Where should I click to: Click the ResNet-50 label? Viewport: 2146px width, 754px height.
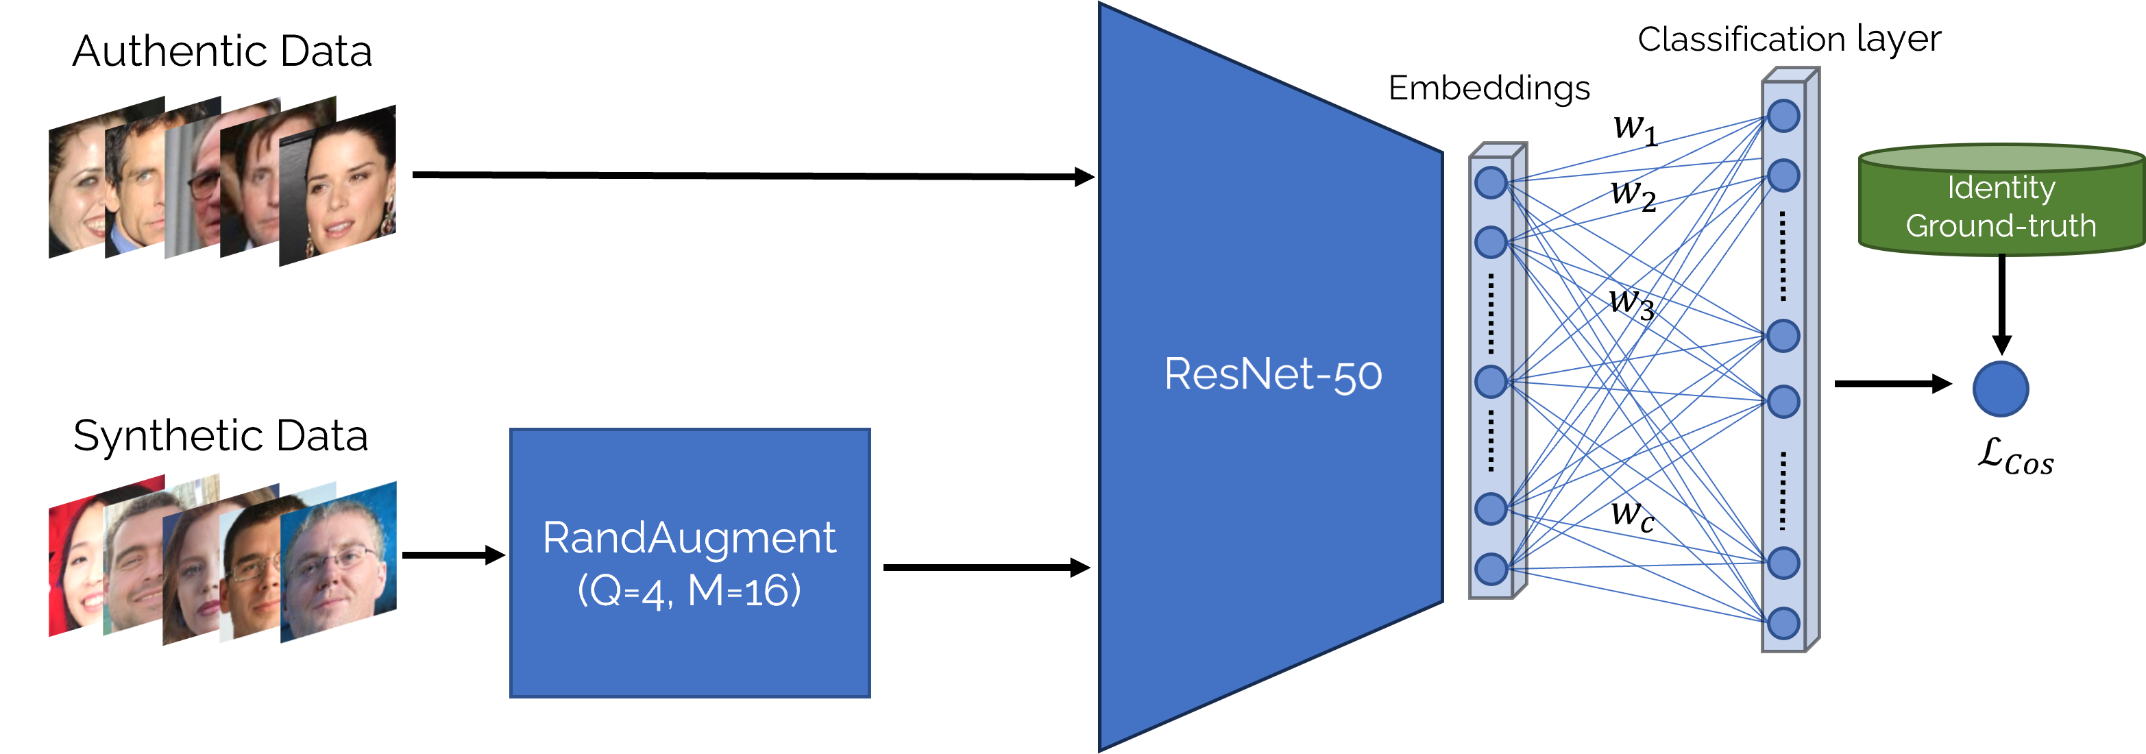tap(1273, 374)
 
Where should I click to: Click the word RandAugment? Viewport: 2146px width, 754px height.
tap(689, 537)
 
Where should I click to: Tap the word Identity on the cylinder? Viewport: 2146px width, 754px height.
tap(2001, 188)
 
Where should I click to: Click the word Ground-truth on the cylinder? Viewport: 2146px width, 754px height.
tap(2001, 226)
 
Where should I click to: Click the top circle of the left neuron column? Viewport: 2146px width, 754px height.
tap(1491, 182)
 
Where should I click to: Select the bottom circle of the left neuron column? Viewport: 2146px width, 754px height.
tap(1491, 570)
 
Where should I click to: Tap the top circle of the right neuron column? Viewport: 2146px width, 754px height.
tap(1783, 117)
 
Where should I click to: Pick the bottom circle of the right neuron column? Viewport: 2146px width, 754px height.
tap(1783, 623)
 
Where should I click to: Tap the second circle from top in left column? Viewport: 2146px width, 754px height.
tap(1491, 243)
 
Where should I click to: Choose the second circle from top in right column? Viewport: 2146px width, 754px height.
tap(1783, 175)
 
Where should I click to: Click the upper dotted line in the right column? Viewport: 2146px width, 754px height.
tap(1783, 256)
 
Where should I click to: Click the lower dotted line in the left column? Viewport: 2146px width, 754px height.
tap(1491, 441)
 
